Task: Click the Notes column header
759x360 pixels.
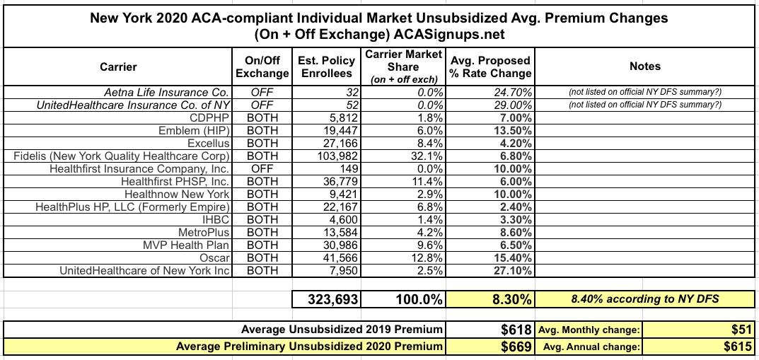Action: (644, 66)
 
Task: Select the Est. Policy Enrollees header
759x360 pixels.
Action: (327, 67)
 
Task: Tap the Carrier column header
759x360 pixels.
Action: (118, 67)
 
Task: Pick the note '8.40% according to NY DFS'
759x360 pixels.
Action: (644, 300)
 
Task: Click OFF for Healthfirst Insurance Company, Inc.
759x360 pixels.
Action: (262, 169)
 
